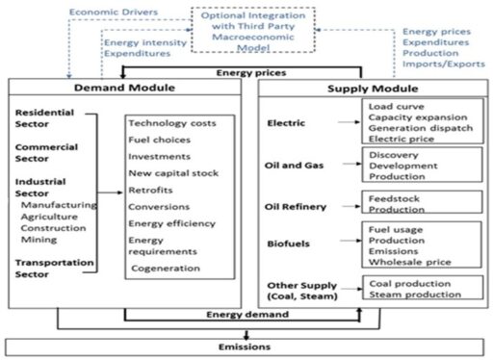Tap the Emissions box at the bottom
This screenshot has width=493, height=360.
point(246,346)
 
